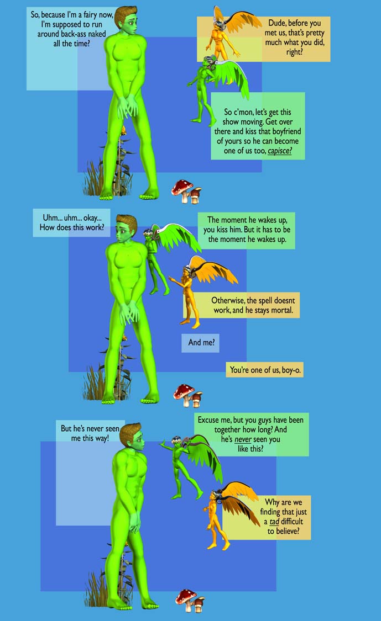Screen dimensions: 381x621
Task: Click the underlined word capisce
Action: click(279, 151)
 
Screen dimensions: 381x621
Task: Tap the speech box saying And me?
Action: click(201, 343)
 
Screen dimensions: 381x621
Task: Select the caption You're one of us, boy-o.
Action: click(265, 370)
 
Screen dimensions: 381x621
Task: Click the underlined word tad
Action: click(274, 522)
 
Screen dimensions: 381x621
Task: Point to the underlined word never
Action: click(243, 439)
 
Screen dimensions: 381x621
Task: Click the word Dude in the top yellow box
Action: click(277, 23)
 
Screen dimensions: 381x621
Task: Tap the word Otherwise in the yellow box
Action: click(228, 300)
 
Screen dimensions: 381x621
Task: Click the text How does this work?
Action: click(72, 227)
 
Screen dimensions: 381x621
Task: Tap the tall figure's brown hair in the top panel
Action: click(126, 14)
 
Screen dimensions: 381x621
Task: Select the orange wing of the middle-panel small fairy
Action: click(215, 269)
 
